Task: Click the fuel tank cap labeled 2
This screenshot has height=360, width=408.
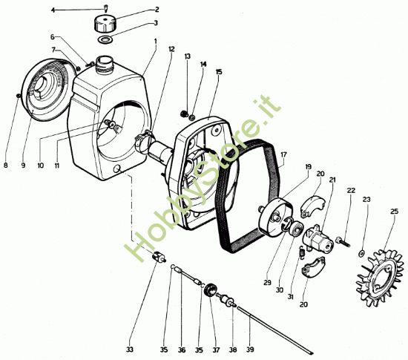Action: [x=104, y=24]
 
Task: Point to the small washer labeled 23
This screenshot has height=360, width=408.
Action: [x=361, y=253]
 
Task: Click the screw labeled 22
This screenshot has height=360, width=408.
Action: [x=343, y=242]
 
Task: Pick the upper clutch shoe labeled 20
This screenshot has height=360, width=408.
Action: [x=312, y=206]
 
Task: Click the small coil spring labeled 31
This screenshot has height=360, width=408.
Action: [x=302, y=252]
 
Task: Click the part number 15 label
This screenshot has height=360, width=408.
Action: [x=219, y=71]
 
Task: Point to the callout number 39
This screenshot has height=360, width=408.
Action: [x=250, y=350]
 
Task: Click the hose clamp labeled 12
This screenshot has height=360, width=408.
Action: [x=144, y=140]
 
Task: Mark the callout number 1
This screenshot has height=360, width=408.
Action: [x=156, y=41]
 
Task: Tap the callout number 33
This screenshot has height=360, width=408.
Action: [x=130, y=350]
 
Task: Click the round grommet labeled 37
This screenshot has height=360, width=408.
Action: [x=210, y=290]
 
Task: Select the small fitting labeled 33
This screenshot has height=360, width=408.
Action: [x=159, y=258]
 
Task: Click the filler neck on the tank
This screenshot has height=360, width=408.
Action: [x=104, y=64]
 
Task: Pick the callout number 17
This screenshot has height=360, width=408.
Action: [x=283, y=155]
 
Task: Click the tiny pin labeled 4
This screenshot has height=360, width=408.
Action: [x=105, y=8]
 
